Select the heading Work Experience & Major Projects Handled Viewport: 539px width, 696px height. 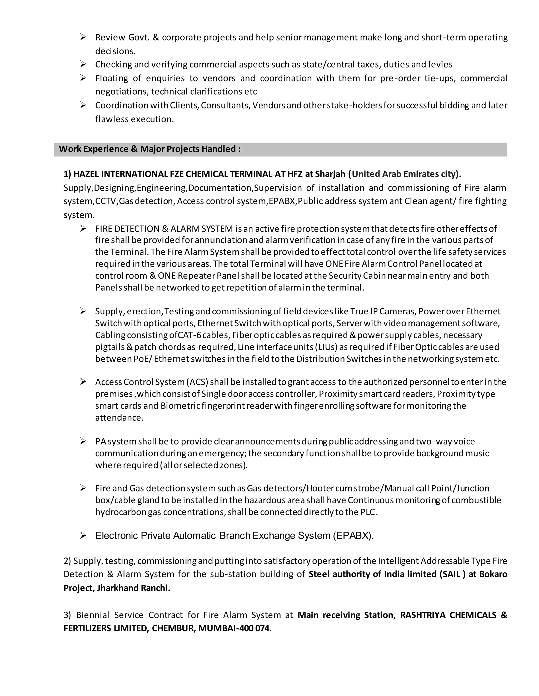[150, 149]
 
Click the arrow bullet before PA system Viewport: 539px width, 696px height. [83, 441]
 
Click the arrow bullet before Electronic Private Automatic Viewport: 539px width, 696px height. [83, 536]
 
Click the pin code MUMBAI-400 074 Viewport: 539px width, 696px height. [234, 628]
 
